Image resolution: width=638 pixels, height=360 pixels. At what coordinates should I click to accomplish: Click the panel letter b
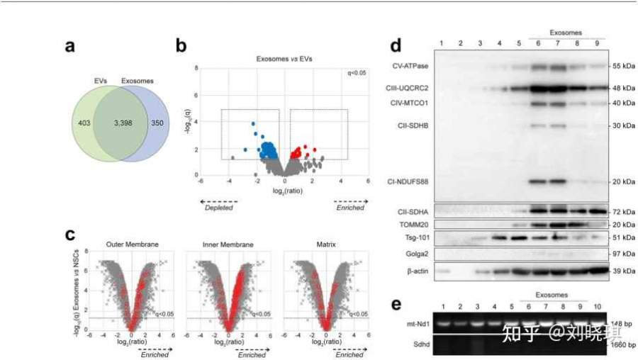[x=181, y=47]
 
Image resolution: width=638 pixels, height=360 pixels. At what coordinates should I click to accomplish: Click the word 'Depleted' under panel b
[x=218, y=208]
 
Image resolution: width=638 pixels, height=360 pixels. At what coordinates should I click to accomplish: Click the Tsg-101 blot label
[x=415, y=237]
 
